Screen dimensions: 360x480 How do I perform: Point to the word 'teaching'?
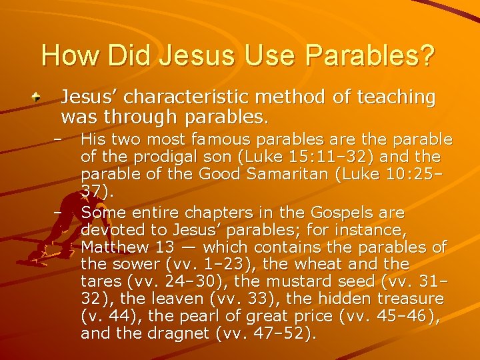coord(398,98)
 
